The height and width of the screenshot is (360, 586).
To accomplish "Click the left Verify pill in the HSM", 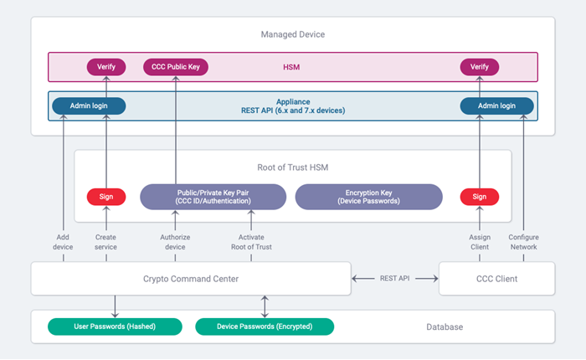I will pos(106,66).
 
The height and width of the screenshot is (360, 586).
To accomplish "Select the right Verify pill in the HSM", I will pos(480,66).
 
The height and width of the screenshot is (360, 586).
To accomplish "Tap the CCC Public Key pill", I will pos(176,66).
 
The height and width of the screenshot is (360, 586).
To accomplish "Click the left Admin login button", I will pos(89,106).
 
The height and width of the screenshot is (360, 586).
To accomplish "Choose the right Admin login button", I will pos(497,106).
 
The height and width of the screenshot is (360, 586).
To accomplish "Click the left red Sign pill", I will pos(106,197).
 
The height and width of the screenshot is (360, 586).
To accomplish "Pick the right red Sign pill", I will pos(480,197).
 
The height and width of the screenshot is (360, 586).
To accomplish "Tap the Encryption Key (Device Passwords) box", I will pos(368,197).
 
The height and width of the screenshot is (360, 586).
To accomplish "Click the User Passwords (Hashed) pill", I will pos(114,327).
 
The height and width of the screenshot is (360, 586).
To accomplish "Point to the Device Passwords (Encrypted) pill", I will pos(265,327).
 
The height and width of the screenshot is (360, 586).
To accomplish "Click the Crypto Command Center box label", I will pos(191,279).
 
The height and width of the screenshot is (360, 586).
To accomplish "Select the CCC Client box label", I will pos(496,279).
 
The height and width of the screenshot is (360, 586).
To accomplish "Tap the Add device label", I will pos(63,242).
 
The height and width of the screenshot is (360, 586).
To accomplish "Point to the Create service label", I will pos(106,242).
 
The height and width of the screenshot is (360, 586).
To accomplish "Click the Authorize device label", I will pos(175,242).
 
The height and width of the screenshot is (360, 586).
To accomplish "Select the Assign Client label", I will pos(480,242).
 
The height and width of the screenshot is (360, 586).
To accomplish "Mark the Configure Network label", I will pos(524,242).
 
